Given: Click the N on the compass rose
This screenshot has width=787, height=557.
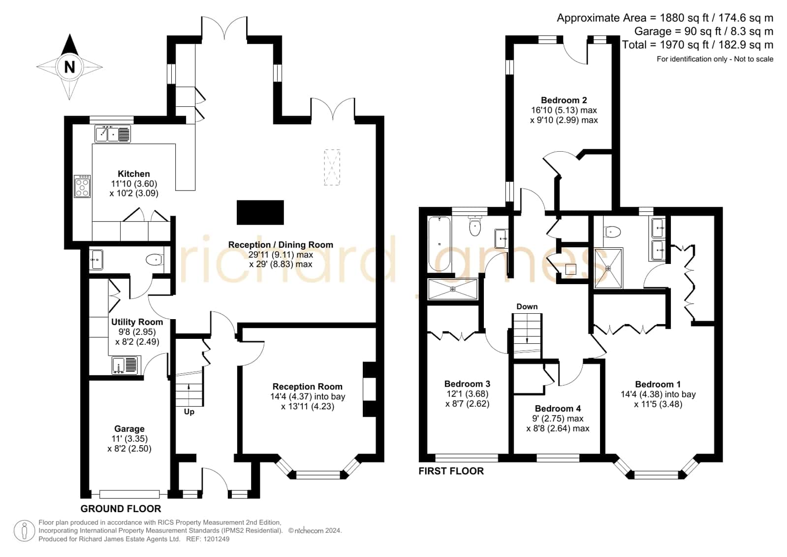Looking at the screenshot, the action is (69, 67).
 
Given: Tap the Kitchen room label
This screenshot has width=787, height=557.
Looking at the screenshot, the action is (133, 174).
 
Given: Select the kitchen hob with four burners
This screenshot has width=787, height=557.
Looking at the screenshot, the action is (82, 186).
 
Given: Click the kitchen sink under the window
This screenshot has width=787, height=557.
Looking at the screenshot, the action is (112, 134).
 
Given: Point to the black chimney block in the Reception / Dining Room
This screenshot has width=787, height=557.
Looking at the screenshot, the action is (260, 212).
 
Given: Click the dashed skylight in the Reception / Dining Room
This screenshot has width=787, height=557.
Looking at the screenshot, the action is (332, 167).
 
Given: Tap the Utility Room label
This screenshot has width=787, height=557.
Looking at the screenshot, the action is (137, 322).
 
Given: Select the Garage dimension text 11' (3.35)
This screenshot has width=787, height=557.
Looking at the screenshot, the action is (129, 439).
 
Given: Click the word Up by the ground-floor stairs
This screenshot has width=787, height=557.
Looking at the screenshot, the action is (189, 412).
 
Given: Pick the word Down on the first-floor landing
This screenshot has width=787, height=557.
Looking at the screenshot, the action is (527, 307).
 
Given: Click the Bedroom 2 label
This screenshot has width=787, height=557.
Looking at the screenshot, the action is (564, 100).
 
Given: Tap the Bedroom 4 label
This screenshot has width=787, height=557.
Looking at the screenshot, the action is (558, 409).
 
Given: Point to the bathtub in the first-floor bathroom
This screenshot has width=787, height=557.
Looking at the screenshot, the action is (439, 244).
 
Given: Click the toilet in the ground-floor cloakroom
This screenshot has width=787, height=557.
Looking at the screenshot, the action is (155, 260).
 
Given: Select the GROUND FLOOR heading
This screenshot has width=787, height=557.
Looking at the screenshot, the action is (121, 509).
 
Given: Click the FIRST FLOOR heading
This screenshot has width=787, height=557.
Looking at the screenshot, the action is (451, 471).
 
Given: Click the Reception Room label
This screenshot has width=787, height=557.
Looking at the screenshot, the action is (308, 387).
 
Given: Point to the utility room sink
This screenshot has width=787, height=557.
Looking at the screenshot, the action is (126, 365).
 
